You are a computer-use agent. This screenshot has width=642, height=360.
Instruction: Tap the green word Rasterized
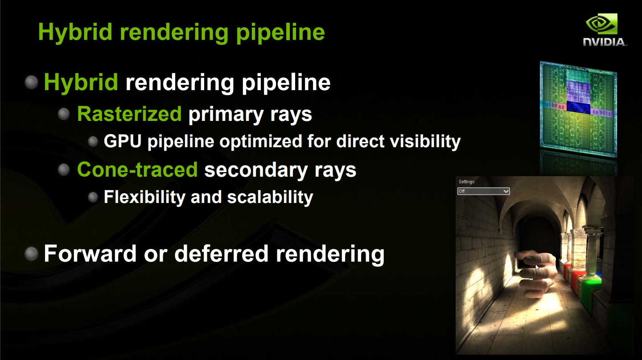click(x=129, y=114)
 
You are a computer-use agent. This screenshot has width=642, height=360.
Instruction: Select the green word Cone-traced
click(x=137, y=170)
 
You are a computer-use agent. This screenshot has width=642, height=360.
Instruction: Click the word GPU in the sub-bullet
click(x=123, y=141)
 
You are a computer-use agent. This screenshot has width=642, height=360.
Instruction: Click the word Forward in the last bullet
click(x=90, y=253)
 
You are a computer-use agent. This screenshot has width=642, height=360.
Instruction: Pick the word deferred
click(x=221, y=253)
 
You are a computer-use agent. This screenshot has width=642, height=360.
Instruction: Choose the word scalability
click(x=270, y=197)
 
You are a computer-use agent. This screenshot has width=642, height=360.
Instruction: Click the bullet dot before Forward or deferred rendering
click(x=32, y=253)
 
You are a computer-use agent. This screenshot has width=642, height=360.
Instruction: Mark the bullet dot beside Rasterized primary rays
click(x=64, y=114)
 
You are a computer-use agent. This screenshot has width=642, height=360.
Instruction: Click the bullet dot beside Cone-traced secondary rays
click(x=64, y=169)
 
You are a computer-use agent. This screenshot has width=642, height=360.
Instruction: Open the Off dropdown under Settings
click(x=483, y=191)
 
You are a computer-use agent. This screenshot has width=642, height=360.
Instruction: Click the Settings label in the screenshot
click(x=467, y=182)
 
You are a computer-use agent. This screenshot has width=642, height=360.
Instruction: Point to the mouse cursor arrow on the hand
click(x=537, y=267)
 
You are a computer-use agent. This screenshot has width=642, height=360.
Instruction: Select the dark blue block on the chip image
click(x=578, y=106)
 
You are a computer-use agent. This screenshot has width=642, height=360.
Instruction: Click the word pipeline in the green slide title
click(x=280, y=32)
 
